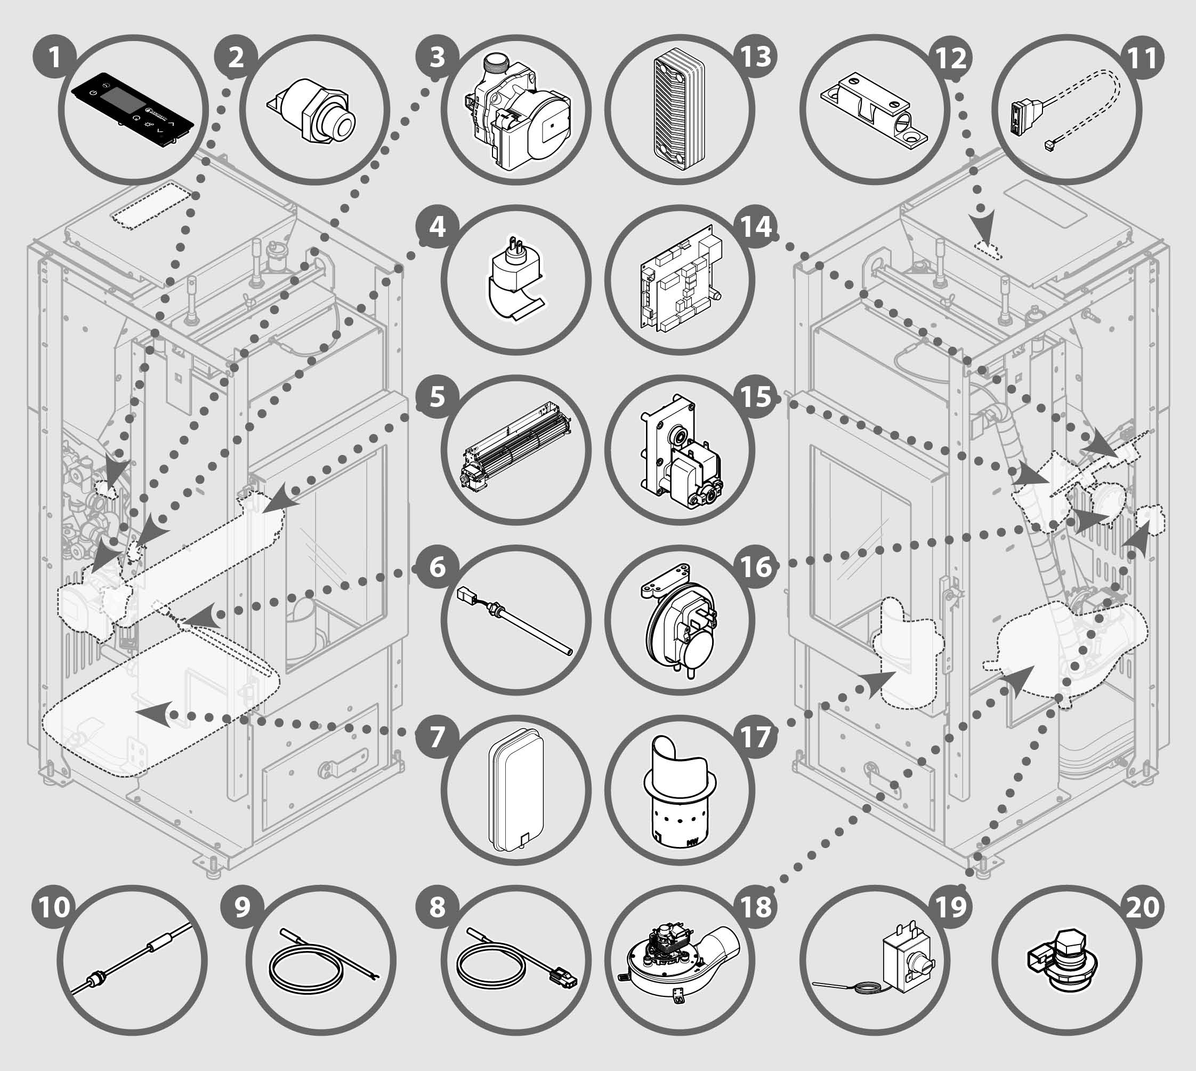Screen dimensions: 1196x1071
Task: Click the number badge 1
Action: (54, 58)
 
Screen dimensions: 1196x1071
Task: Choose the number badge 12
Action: (950, 58)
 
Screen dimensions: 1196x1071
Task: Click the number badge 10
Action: (54, 907)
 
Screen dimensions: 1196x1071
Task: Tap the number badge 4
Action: (438, 227)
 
